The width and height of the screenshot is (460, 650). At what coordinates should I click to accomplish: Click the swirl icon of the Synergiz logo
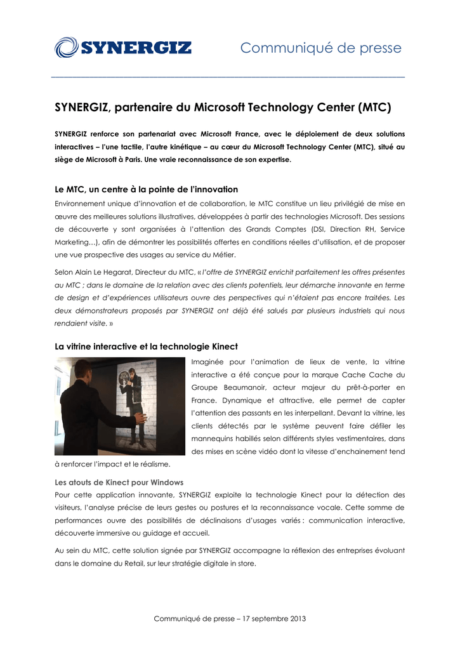(x=66, y=48)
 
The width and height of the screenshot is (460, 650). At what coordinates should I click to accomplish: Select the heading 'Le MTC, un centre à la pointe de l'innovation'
(x=146, y=189)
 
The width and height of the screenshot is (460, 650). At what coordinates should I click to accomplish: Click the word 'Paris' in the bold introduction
(x=129, y=159)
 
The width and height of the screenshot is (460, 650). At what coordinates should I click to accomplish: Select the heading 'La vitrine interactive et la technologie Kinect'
(x=146, y=346)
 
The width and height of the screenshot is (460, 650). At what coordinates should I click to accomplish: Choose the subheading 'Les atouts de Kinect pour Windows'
(x=119, y=482)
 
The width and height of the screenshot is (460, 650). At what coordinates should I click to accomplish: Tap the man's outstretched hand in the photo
(x=140, y=418)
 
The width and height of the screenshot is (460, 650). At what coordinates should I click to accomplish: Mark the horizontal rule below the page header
(x=228, y=77)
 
